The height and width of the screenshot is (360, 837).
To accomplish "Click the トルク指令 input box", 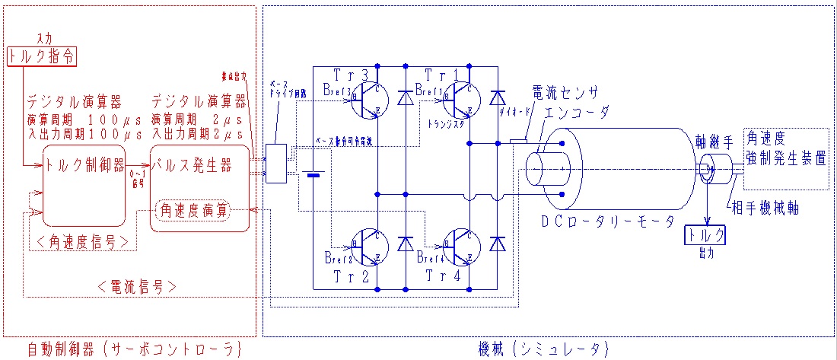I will [x=43, y=56].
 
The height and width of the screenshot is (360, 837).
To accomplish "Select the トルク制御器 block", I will [x=84, y=164].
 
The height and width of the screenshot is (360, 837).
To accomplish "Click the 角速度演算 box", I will [x=192, y=211].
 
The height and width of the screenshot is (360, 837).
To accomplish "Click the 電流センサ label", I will [x=566, y=91].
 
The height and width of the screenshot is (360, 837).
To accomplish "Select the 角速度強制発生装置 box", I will [x=785, y=158].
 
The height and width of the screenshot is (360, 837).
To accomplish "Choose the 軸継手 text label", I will [x=715, y=142].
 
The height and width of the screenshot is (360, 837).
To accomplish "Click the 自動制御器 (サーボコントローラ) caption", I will [x=133, y=349].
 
